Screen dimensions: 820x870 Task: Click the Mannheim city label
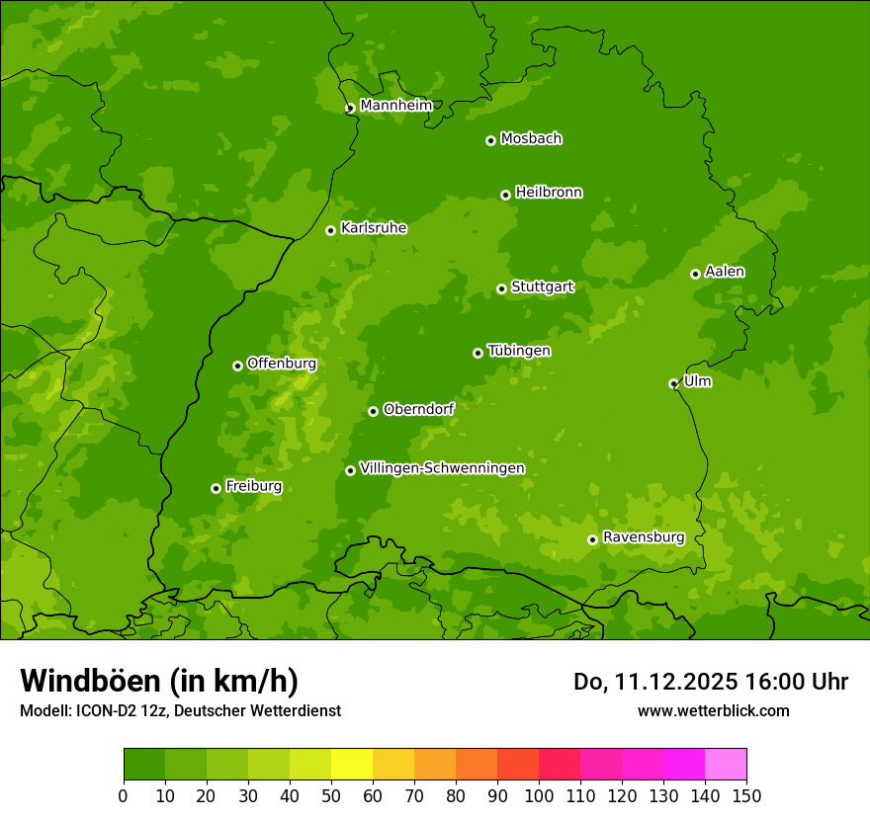pos(395,106)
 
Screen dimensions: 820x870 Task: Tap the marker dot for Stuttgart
pos(501,288)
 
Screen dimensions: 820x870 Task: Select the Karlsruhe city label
pos(373,228)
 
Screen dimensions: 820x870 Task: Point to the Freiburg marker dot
pos(216,488)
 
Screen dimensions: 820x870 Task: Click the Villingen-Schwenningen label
pos(442,468)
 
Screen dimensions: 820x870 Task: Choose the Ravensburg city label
pos(643,537)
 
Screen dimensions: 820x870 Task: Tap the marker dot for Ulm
pos(673,383)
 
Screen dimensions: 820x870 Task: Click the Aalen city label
pos(724,272)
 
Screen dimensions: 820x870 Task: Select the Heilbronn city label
pos(548,193)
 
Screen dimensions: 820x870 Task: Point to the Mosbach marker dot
pos(490,140)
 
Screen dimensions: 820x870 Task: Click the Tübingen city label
pos(518,351)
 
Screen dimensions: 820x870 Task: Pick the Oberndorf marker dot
pos(373,411)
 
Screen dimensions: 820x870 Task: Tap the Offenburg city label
pos(281,364)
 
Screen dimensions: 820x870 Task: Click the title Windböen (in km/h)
pos(159,681)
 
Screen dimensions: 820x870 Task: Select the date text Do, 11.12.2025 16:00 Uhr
pos(710,682)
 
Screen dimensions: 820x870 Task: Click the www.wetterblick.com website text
pos(713,710)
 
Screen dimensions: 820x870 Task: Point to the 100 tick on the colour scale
pos(539,794)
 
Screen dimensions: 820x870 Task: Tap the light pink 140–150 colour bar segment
pos(726,765)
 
